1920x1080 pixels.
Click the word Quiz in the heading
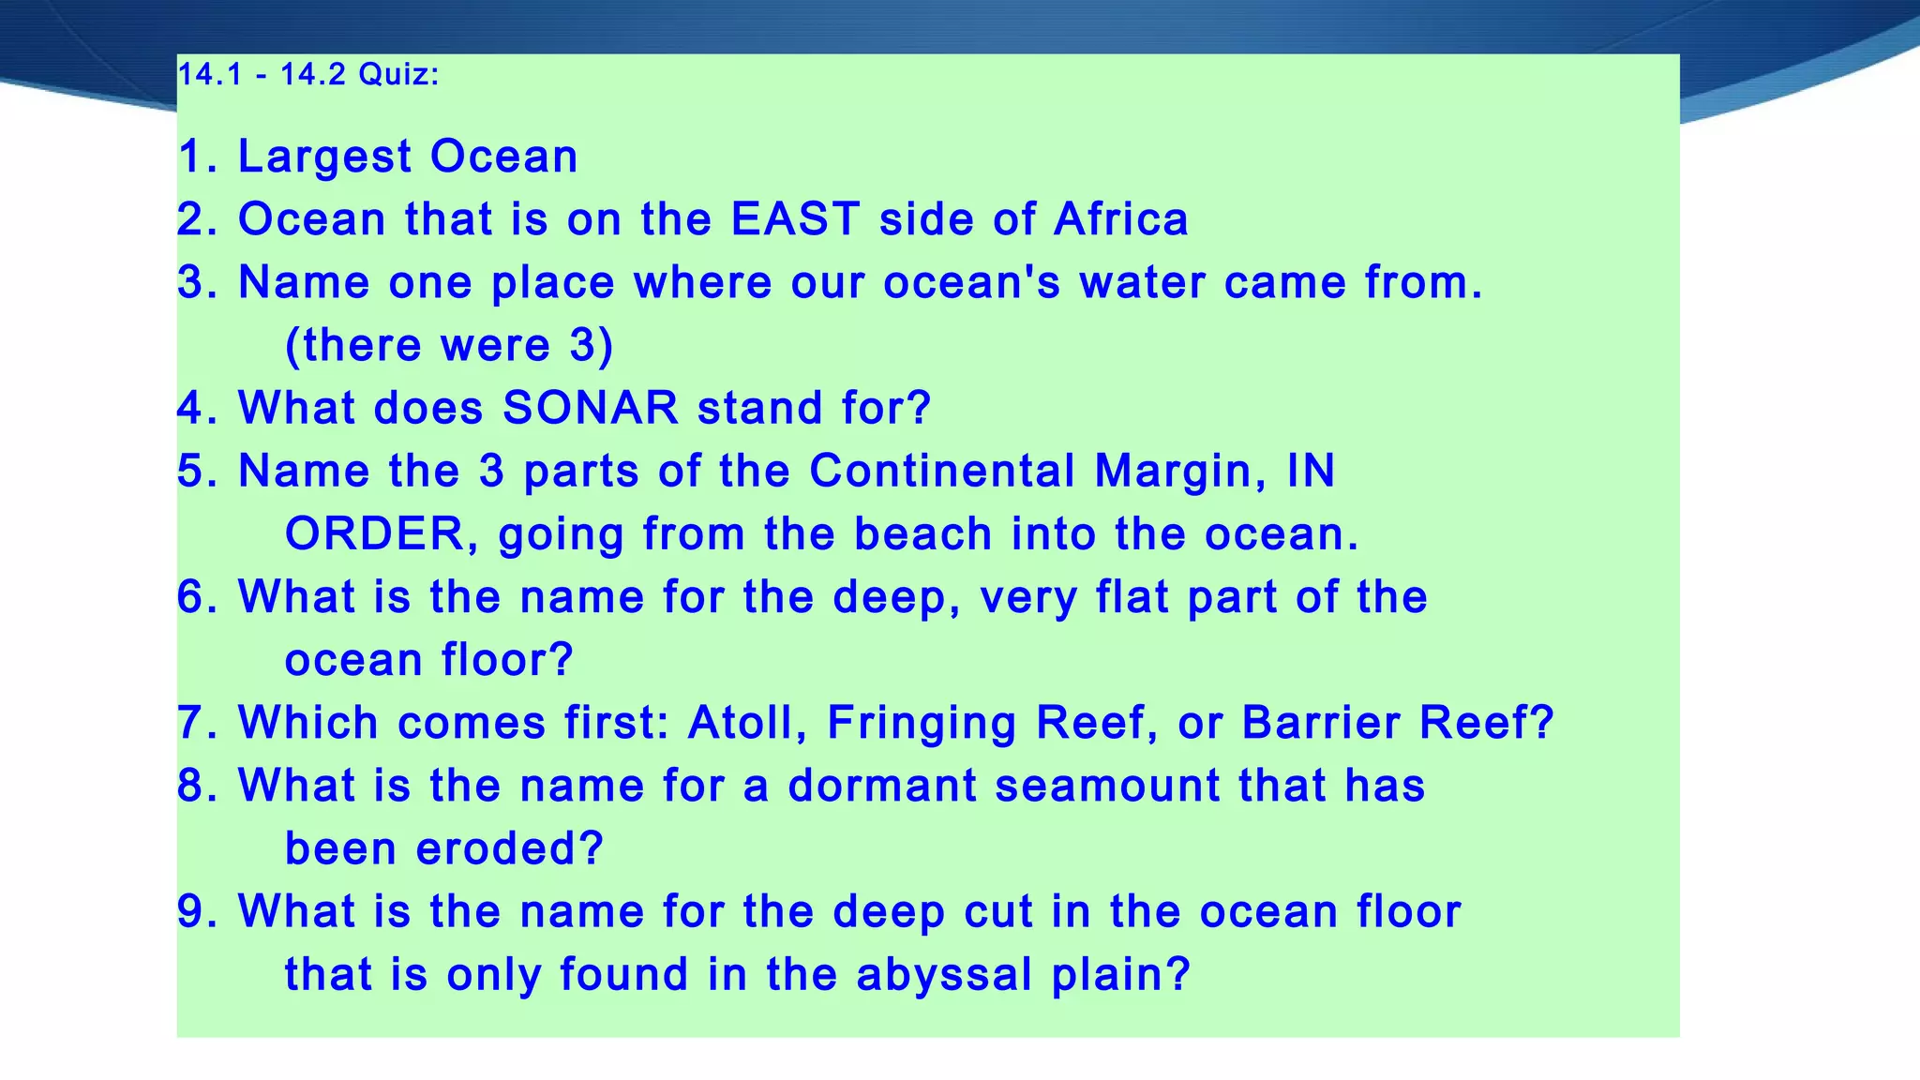click(x=398, y=74)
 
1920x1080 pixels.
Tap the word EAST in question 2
click(x=795, y=219)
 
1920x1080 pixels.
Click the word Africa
click(x=1121, y=219)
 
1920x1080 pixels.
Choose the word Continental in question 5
click(x=942, y=471)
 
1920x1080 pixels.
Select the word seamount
click(x=1107, y=786)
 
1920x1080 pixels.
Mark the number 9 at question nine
click(x=192, y=911)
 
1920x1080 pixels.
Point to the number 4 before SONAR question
click(x=192, y=408)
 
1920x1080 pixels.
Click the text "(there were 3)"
click(x=449, y=345)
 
